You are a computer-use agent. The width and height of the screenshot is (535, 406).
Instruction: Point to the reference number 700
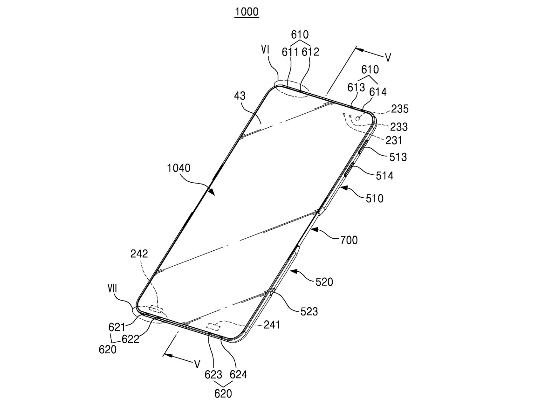[349, 240]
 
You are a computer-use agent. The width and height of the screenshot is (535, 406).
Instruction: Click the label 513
[398, 157]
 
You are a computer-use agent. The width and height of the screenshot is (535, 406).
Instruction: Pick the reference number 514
[384, 176]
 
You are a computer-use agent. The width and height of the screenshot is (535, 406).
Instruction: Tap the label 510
[375, 199]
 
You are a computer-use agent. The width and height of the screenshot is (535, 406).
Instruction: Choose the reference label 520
[324, 282]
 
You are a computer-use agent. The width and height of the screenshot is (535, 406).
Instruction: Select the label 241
[272, 325]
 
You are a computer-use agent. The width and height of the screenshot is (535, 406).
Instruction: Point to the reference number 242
[139, 254]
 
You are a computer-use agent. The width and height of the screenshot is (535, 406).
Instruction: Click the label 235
[399, 110]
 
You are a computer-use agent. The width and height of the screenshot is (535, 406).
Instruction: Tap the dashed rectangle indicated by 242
[154, 309]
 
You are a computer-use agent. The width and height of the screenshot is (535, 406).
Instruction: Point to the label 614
[378, 92]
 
